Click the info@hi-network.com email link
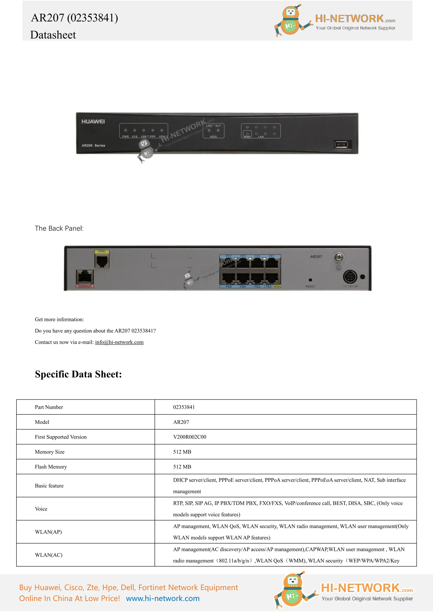119,342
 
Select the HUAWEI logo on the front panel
93,121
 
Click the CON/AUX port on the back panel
85,277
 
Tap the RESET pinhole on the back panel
310,280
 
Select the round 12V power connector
350,277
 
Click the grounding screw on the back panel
339,257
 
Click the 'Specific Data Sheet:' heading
78,374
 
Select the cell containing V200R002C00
190,437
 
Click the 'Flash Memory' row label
51,467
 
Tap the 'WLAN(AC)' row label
49,555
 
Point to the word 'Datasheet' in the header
53,35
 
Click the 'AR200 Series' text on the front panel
93,145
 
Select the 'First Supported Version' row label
61,437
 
